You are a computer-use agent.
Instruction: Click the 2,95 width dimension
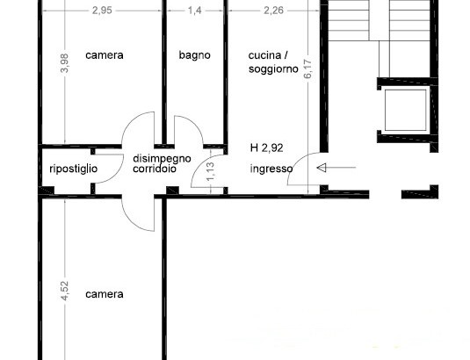tap(102, 11)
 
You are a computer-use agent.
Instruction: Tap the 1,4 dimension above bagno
tap(195, 11)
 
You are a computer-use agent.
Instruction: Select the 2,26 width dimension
tap(273, 11)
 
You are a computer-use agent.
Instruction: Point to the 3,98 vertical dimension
tap(65, 63)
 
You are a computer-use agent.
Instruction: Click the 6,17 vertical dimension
tap(308, 68)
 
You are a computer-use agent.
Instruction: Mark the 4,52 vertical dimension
tap(65, 291)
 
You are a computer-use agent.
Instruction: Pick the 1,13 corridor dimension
tap(211, 171)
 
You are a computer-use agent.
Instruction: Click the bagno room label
tap(194, 55)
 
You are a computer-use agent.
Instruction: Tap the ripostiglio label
tap(74, 169)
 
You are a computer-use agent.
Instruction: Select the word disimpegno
tap(162, 159)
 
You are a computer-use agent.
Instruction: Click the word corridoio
tap(155, 169)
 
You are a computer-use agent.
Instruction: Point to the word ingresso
tap(271, 169)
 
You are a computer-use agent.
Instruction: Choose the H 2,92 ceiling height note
tap(266, 148)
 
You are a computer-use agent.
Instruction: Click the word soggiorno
tap(273, 69)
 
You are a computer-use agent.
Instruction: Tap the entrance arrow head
tap(322, 168)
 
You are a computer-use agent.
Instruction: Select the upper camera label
tap(105, 55)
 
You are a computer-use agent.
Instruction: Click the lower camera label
tap(105, 294)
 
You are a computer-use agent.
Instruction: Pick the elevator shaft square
tap(405, 111)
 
